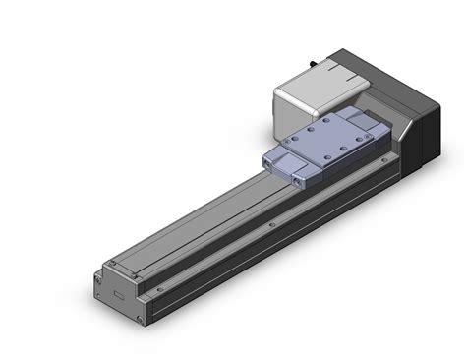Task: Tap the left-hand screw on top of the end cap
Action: pyautogui.click(x=115, y=264)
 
